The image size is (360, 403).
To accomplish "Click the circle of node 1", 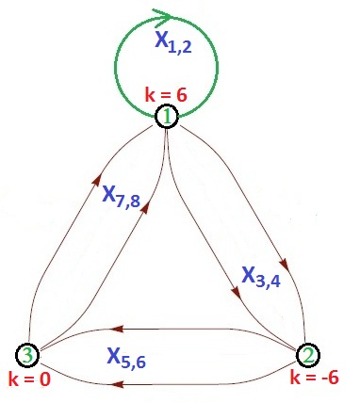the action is [166, 117].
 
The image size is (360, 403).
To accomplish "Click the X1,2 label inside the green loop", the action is [175, 44].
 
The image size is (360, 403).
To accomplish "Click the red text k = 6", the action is [167, 94].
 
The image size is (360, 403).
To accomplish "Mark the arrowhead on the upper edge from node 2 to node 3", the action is [114, 329].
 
